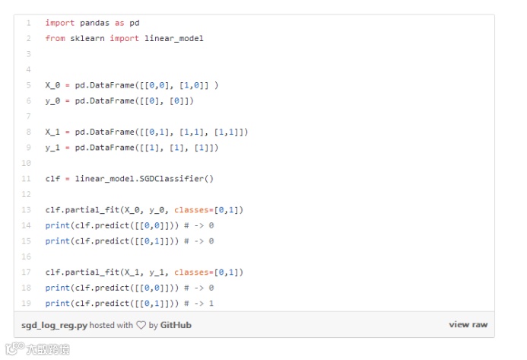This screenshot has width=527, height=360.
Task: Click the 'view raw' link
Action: pyautogui.click(x=468, y=325)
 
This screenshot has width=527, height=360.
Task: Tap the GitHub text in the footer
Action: pyautogui.click(x=176, y=325)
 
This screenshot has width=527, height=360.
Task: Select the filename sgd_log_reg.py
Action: pyautogui.click(x=55, y=325)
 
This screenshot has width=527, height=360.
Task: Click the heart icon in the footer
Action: pyautogui.click(x=141, y=325)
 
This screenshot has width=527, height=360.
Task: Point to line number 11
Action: pyautogui.click(x=27, y=178)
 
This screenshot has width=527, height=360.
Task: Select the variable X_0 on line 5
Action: pyautogui.click(x=52, y=85)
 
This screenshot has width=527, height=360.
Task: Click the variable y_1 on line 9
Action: pyautogui.click(x=52, y=148)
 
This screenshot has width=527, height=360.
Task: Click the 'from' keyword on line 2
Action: pyautogui.click(x=55, y=38)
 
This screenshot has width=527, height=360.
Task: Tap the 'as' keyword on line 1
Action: pyautogui.click(x=120, y=23)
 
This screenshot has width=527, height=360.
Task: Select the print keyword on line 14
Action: pyautogui.click(x=57, y=225)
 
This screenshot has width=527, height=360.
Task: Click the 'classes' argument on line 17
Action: pyautogui.click(x=192, y=272)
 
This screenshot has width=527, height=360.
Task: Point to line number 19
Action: pyautogui.click(x=27, y=304)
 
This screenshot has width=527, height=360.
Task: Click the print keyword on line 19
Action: pyautogui.click(x=57, y=304)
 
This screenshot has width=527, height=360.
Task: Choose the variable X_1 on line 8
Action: pyautogui.click(x=52, y=132)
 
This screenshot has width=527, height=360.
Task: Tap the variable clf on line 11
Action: pyautogui.click(x=52, y=178)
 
